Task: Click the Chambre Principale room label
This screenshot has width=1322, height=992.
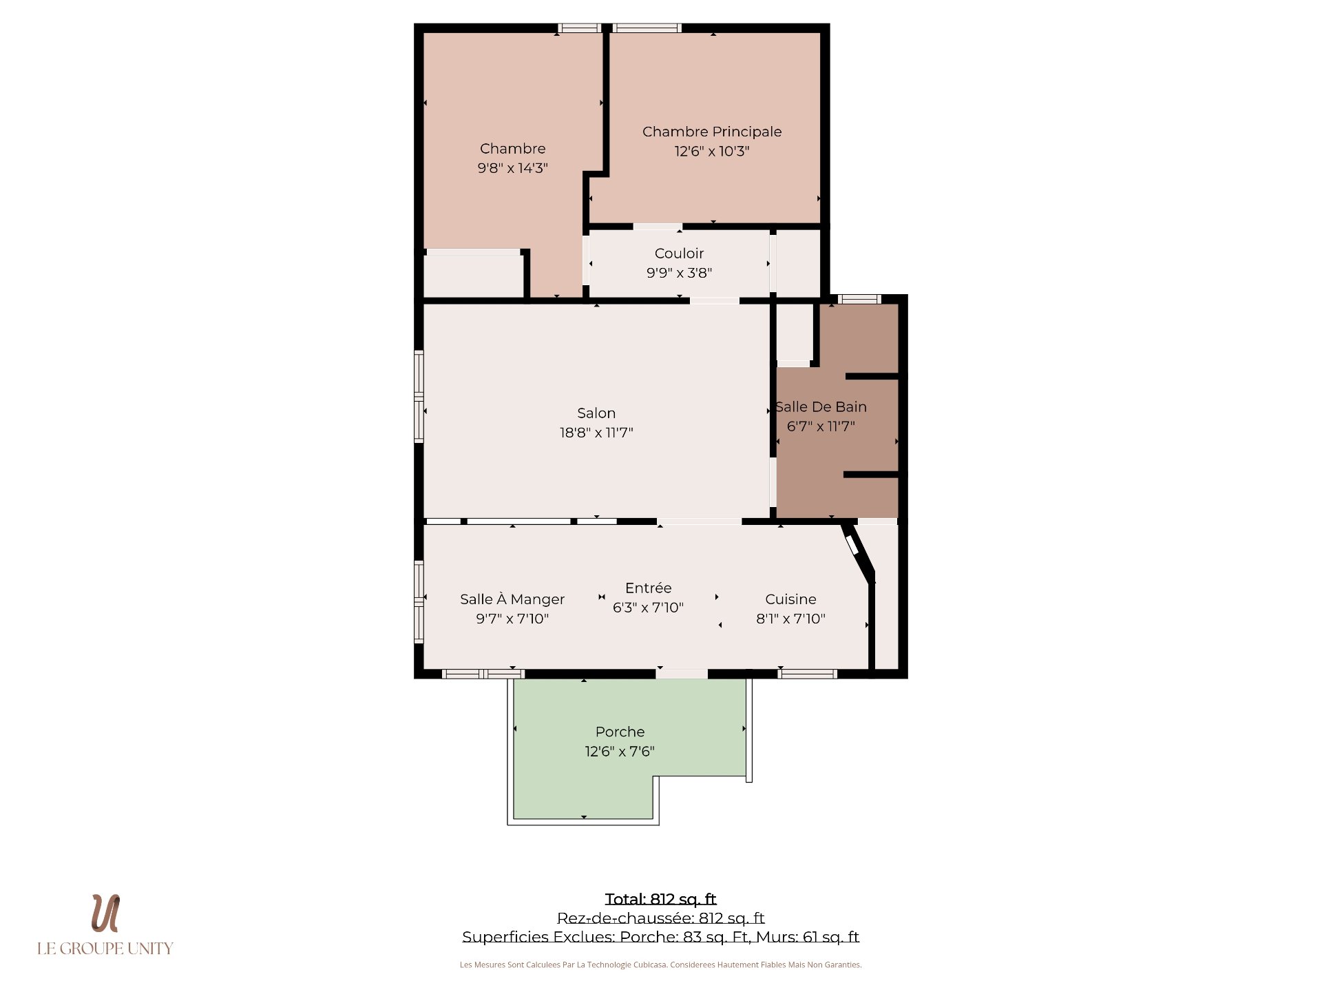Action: [x=712, y=132]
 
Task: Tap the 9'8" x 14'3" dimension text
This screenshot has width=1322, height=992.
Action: [x=512, y=168]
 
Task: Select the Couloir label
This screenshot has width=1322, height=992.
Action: [x=679, y=254]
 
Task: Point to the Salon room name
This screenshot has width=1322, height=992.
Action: [x=596, y=413]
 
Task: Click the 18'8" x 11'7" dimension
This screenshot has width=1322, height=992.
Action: [x=596, y=433]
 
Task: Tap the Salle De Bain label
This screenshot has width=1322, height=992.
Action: [x=821, y=407]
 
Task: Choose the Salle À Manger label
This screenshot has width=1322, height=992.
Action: [x=512, y=599]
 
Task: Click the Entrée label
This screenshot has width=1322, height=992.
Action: [x=648, y=588]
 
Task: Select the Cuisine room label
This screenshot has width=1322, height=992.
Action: [x=790, y=599]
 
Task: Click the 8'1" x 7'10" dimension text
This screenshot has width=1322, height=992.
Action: [x=790, y=619]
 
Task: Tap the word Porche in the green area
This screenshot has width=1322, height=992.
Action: [x=620, y=732]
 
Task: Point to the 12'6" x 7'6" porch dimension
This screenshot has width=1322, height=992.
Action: [x=620, y=752]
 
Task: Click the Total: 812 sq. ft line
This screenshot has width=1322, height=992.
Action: [x=660, y=899]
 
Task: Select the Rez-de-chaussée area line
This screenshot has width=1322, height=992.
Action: [x=660, y=918]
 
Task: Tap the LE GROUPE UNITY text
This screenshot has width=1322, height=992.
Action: [x=105, y=949]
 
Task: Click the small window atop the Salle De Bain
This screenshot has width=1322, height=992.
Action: [x=859, y=299]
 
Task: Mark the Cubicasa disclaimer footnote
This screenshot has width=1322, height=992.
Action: [x=660, y=965]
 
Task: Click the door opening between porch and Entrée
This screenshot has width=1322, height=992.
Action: [x=682, y=674]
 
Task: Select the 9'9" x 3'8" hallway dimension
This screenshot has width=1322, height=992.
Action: [x=679, y=273]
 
